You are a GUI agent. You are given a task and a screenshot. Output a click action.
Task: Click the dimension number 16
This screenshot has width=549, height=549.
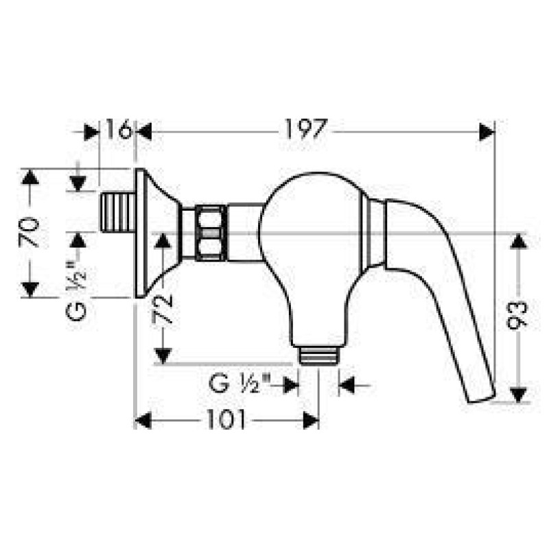pos(118,130)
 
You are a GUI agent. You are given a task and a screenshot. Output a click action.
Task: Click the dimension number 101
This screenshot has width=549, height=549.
pos(226,420)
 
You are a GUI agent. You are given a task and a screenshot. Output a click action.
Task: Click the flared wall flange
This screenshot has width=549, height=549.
pos(152,233)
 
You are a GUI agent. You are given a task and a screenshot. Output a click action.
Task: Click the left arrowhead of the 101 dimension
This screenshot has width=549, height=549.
pos(143,420)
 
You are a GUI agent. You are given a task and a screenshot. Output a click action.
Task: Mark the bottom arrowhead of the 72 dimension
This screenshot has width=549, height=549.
pos(163,355)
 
